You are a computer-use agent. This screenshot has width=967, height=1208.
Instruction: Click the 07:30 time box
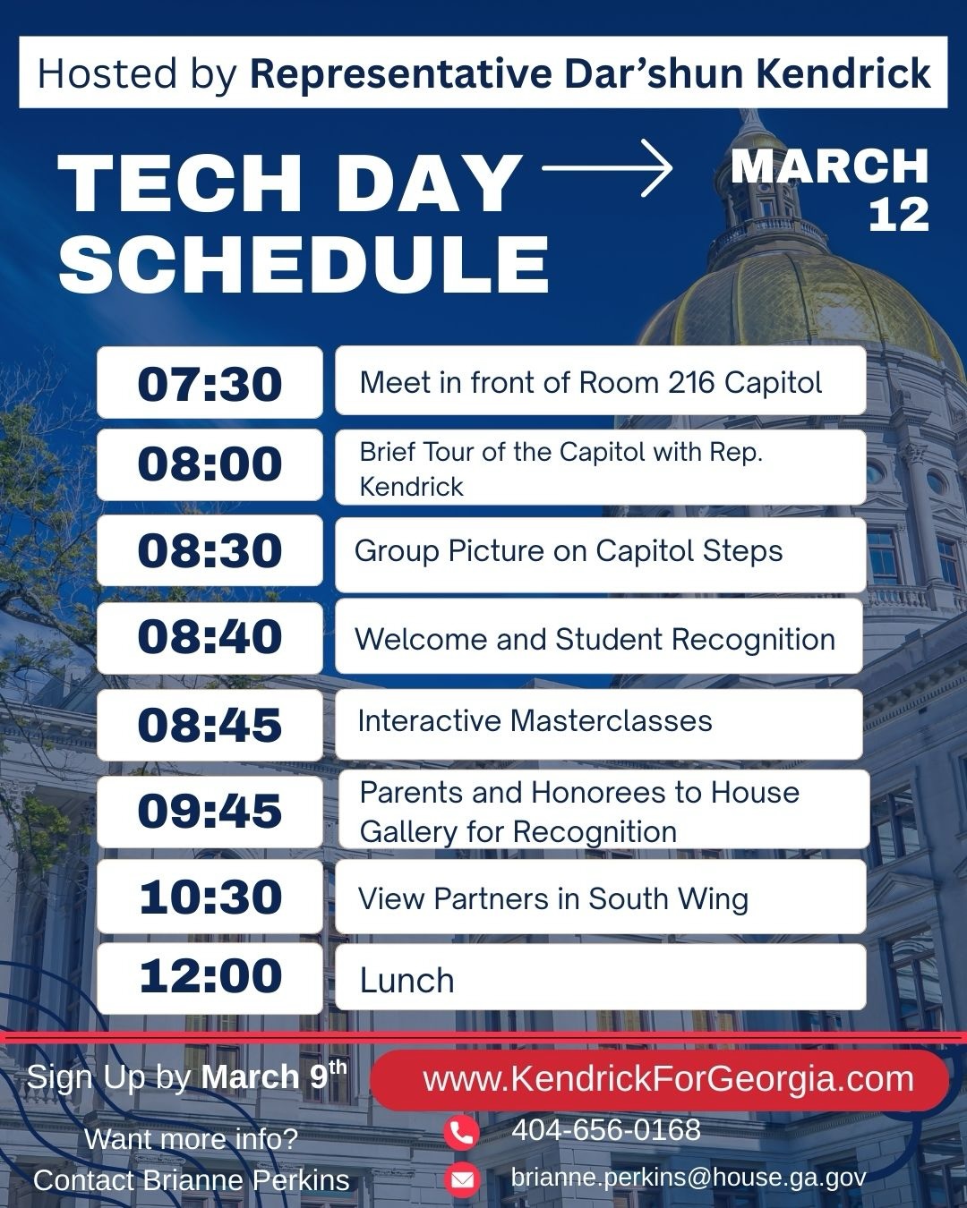point(210,383)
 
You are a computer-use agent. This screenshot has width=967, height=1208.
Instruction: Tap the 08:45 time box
point(210,725)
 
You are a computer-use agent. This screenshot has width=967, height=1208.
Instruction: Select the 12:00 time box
point(210,977)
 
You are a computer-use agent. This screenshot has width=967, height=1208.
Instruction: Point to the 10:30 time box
point(210,897)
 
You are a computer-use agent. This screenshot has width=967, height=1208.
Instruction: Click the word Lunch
point(407,981)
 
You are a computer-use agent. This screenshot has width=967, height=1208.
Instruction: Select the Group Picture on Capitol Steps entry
point(569,551)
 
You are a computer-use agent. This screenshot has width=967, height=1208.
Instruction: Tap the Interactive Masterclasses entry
point(535,721)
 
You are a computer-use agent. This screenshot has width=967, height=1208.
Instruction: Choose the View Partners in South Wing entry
point(552,898)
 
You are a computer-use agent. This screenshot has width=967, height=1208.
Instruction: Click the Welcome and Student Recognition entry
point(595,639)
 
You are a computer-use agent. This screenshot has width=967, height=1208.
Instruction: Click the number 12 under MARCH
point(899,215)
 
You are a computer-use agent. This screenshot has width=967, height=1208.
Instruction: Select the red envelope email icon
point(462,1179)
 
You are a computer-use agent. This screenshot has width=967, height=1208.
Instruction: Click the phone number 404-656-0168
point(606,1130)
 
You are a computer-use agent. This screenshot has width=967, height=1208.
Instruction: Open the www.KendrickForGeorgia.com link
point(668,1079)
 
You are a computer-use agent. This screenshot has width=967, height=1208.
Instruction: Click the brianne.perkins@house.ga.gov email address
point(689,1178)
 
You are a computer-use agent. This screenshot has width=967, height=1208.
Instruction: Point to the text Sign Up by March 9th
point(186,1076)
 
